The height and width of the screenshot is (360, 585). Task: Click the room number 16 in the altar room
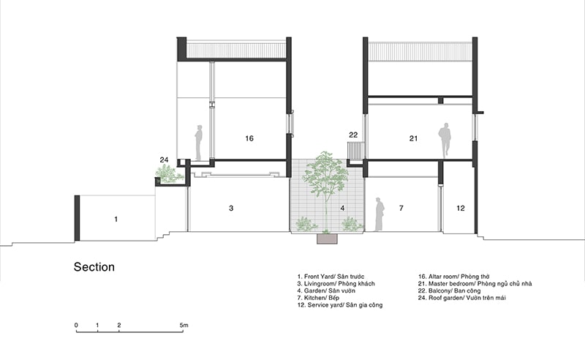[249, 138]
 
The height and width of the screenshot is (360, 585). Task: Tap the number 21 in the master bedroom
[413, 138]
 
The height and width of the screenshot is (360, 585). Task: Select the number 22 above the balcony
[353, 135]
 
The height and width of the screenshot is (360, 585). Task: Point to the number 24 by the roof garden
[164, 160]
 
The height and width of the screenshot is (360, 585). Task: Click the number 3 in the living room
[231, 208]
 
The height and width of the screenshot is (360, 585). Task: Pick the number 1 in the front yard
[116, 220]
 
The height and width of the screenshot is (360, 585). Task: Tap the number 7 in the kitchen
[401, 208]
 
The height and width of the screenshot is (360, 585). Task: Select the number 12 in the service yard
[461, 208]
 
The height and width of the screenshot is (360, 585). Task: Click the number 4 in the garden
[342, 208]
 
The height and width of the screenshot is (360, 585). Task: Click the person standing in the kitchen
[379, 214]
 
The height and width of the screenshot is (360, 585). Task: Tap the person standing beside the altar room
[198, 143]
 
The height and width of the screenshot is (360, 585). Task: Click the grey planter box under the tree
[327, 239]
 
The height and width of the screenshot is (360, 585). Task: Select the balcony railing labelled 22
[356, 150]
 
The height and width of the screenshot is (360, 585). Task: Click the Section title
[94, 266]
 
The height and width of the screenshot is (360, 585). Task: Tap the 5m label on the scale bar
[184, 326]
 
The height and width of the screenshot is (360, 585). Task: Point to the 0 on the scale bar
[76, 326]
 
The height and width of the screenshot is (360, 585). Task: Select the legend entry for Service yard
[340, 305]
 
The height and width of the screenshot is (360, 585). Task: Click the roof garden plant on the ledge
[169, 174]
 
